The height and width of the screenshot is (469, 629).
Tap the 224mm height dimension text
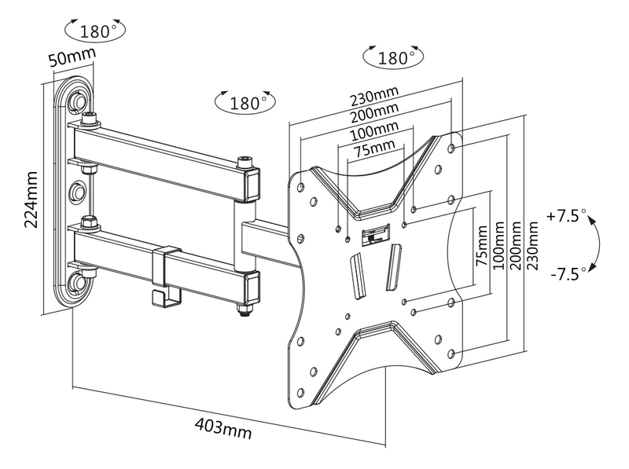point(32,200)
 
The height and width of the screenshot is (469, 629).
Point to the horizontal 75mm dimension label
point(373,148)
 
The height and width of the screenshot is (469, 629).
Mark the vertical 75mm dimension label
point(481,247)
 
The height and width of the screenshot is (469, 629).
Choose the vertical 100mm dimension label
point(498,247)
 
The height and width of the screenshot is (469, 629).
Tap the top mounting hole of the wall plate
point(78,103)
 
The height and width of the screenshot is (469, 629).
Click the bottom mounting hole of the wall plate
point(79,281)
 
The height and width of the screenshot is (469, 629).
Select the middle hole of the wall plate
point(79,191)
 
